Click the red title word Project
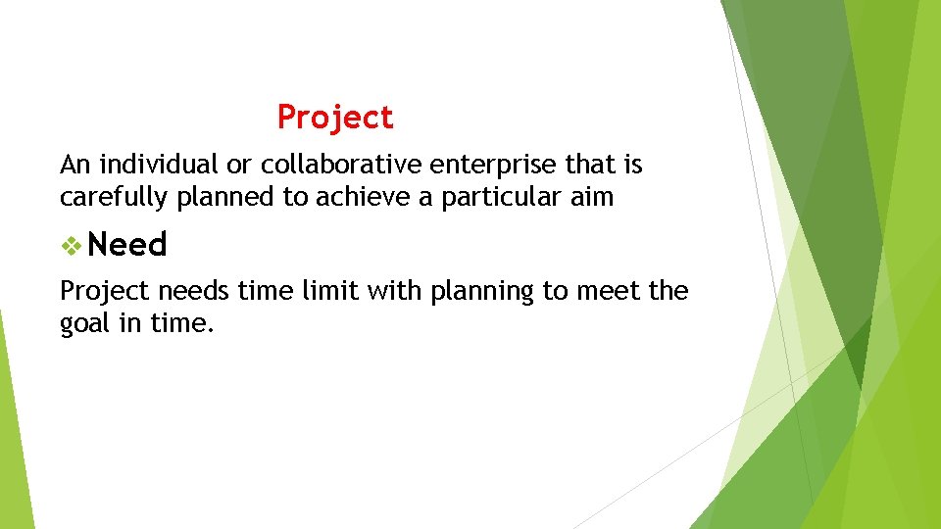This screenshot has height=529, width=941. (335, 118)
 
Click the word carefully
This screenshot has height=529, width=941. (115, 197)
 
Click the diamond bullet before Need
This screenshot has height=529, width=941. (70, 245)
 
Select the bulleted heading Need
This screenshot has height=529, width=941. (127, 244)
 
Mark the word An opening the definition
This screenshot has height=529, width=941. (74, 165)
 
